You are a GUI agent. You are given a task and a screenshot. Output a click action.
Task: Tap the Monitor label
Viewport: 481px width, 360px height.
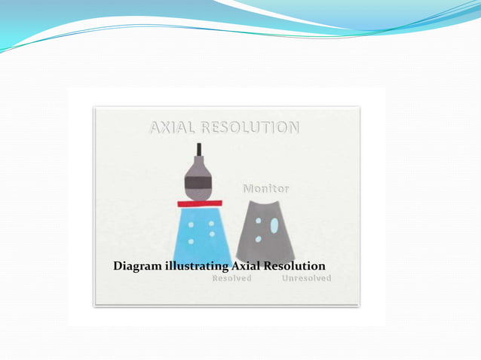click(x=265, y=187)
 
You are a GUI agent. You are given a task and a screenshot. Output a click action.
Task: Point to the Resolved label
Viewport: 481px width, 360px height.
click(x=231, y=278)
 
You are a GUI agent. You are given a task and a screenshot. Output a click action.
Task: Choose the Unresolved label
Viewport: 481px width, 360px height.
click(x=306, y=278)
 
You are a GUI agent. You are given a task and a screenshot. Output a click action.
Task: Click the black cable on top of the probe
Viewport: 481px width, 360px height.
click(x=199, y=149)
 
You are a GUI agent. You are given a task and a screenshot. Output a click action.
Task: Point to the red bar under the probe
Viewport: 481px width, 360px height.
click(x=199, y=203)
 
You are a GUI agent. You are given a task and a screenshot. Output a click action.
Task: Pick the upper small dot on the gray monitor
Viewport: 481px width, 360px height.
click(x=258, y=221)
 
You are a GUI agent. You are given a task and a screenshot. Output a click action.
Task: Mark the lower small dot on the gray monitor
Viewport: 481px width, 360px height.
click(x=258, y=239)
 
